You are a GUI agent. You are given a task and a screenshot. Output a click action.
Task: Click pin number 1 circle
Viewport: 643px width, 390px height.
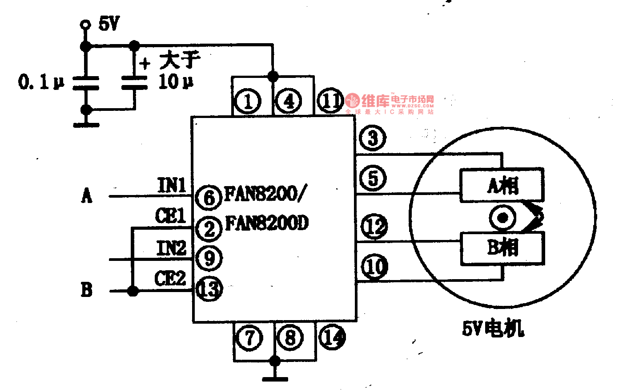click(248, 101)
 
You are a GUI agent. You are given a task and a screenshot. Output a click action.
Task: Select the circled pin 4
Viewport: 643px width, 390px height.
click(289, 101)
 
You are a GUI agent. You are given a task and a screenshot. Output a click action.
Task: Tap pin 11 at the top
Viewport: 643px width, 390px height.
click(330, 101)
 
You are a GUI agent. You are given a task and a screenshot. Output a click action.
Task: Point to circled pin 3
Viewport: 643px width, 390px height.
click(373, 138)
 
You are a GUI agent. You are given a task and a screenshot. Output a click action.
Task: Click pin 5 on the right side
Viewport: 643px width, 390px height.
click(373, 178)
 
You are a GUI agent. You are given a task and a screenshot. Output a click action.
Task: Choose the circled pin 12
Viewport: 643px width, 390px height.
click(374, 226)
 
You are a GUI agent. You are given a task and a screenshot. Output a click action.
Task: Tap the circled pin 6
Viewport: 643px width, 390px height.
click(209, 197)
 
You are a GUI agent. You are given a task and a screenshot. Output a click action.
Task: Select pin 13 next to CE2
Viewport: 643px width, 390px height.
click(209, 289)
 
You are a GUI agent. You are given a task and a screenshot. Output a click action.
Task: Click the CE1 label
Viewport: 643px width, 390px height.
click(171, 216)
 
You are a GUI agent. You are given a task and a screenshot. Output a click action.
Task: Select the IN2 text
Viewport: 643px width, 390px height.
click(171, 248)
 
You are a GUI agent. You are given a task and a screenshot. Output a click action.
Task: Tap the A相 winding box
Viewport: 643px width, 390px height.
click(502, 185)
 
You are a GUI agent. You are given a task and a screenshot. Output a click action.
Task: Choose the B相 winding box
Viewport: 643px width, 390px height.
click(502, 248)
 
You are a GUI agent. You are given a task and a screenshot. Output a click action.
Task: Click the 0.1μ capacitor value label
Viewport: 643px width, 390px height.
click(41, 82)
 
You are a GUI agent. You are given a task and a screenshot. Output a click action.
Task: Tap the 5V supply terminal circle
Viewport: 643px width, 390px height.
click(84, 25)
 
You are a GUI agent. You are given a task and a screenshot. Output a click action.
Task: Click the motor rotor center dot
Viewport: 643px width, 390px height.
click(503, 218)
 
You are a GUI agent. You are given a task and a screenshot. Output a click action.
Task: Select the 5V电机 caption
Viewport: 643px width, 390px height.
click(493, 329)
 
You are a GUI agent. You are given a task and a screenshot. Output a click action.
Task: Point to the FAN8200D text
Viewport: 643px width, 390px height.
click(267, 223)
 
